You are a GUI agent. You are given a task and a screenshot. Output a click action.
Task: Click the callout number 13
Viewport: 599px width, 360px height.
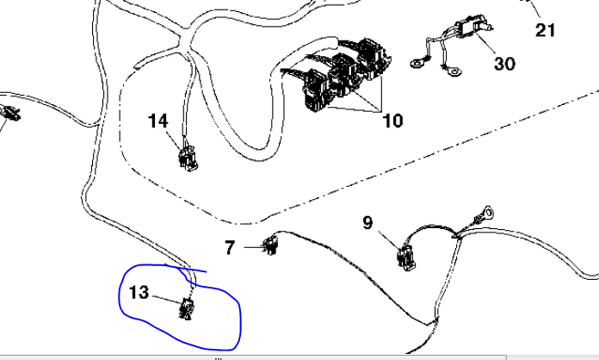pyautogui.click(x=139, y=293)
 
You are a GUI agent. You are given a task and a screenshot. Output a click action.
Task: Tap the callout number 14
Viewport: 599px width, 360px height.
pyautogui.click(x=157, y=121)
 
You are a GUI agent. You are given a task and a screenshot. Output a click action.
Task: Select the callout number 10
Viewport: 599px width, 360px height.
pyautogui.click(x=392, y=121)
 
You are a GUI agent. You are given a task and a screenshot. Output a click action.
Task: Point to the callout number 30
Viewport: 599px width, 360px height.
pyautogui.click(x=504, y=64)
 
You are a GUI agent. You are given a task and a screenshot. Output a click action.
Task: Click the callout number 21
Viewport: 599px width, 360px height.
pyautogui.click(x=545, y=30)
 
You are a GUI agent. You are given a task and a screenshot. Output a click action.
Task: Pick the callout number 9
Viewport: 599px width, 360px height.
pyautogui.click(x=367, y=222)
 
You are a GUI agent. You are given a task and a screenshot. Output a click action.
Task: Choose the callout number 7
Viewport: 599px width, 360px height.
pyautogui.click(x=230, y=248)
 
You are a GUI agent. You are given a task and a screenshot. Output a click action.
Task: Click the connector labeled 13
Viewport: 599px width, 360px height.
pyautogui.click(x=187, y=309)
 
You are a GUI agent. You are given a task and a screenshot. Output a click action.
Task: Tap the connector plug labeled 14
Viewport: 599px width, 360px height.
pyautogui.click(x=188, y=158)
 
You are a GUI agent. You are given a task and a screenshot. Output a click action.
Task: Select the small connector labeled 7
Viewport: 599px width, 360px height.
pyautogui.click(x=271, y=245)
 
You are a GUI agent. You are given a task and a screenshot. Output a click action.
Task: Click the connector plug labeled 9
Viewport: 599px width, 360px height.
pyautogui.click(x=406, y=258)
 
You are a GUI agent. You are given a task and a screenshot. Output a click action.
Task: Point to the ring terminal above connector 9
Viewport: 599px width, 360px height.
pyautogui.click(x=487, y=214)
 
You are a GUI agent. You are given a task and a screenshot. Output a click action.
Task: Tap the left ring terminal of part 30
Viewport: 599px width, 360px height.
pyautogui.click(x=418, y=63)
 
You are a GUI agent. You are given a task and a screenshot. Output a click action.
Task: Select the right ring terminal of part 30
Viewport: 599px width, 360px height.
pyautogui.click(x=453, y=71)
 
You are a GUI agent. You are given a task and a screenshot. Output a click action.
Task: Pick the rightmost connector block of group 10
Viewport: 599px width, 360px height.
pyautogui.click(x=374, y=58)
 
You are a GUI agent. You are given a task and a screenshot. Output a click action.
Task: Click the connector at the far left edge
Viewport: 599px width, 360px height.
pyautogui.click(x=10, y=113)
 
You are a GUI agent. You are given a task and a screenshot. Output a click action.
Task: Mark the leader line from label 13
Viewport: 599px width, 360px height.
pyautogui.click(x=167, y=299)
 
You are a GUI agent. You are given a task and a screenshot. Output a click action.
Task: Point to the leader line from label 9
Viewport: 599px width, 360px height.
pyautogui.click(x=389, y=240)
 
